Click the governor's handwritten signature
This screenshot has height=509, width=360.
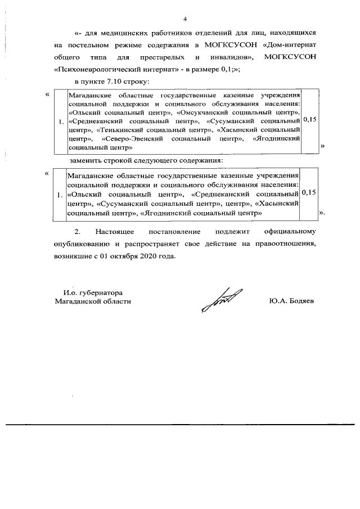coord(222,298)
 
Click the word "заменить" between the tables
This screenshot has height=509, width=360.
coord(85,160)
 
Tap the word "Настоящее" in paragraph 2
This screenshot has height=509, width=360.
coord(114,232)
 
